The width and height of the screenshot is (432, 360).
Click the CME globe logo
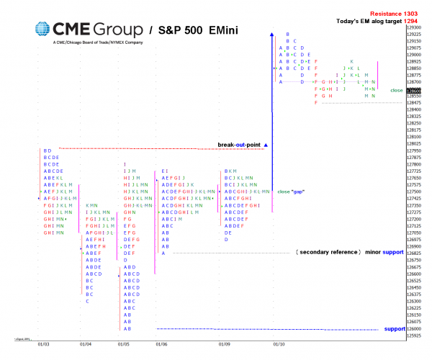click(x=43, y=30)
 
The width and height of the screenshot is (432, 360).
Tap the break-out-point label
click(x=240, y=145)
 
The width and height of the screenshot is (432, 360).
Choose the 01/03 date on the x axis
click(x=44, y=344)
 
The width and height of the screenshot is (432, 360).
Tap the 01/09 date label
click(x=224, y=344)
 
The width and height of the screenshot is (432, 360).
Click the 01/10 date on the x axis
click(x=278, y=344)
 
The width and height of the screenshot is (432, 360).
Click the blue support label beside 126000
click(x=395, y=329)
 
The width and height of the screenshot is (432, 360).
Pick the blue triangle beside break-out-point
click(x=266, y=145)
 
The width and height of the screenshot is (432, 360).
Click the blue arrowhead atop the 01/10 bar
click(x=272, y=34)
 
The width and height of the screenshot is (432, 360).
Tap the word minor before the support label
click(x=373, y=253)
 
